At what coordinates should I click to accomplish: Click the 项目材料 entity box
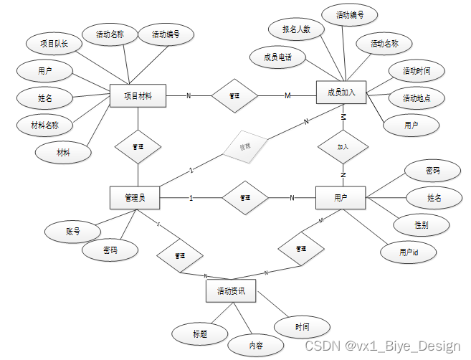coord(138,95)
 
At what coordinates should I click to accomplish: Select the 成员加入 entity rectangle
coord(341,92)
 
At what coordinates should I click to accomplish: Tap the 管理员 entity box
coord(135,197)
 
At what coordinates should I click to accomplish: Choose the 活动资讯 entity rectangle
coord(230,291)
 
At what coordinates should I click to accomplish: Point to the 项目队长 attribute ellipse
coord(54,43)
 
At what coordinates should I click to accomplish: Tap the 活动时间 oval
coord(416,71)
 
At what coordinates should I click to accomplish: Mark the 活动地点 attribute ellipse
coord(416,98)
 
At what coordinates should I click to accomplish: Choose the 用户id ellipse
coord(409,252)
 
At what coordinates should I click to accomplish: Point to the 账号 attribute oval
coord(72,232)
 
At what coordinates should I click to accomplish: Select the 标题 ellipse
coord(200,333)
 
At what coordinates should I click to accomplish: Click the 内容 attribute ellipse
coord(256,345)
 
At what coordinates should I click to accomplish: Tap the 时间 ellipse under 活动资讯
coord(303,327)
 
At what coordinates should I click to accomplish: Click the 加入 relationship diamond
coord(343,147)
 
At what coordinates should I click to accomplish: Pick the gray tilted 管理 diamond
coord(244,147)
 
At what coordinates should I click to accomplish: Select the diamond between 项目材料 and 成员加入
coord(234,95)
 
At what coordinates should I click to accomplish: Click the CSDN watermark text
coord(382,346)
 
